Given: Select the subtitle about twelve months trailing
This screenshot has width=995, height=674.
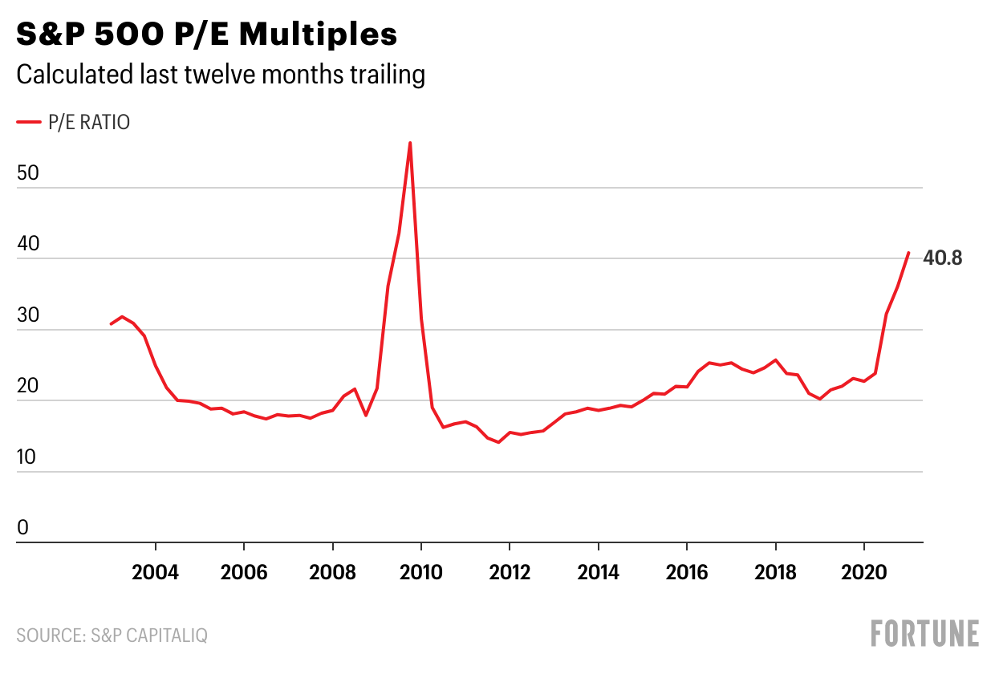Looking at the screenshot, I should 220,75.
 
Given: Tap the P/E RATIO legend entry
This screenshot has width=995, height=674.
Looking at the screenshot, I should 74,122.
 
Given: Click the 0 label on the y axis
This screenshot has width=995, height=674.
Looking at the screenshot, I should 23,527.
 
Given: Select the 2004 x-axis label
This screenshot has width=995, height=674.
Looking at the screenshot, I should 155,572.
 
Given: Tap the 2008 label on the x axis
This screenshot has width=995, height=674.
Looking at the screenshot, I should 332,572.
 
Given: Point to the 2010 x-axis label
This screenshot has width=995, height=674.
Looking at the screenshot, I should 421,572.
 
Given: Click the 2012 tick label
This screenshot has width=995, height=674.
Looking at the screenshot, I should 510,572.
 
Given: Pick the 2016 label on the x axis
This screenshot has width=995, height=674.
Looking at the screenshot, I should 687,572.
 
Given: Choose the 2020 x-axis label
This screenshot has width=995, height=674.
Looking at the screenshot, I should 864,572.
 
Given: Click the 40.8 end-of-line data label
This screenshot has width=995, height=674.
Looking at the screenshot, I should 942,258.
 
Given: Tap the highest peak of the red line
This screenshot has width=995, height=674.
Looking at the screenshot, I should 410,143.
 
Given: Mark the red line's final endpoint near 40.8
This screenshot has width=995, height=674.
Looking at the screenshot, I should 908,253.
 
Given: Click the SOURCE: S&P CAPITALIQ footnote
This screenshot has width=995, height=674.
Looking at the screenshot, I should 112,635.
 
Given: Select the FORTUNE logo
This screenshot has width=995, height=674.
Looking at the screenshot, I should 925,633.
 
